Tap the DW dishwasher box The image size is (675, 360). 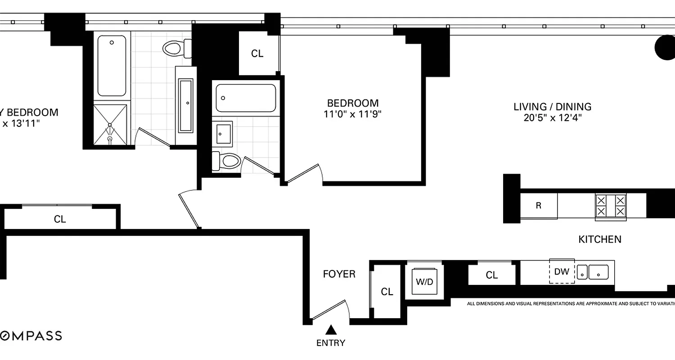(x=562, y=271)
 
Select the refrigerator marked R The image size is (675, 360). (x=539, y=206)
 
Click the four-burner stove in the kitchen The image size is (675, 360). (x=611, y=206)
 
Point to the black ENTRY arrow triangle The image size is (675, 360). (x=331, y=330)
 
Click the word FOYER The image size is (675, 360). (x=339, y=274)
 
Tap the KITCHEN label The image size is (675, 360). (x=600, y=239)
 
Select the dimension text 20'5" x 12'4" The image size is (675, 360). (x=553, y=118)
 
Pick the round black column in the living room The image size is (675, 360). (x=665, y=48)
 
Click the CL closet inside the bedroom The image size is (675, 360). (x=257, y=54)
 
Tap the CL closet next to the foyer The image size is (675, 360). (x=387, y=292)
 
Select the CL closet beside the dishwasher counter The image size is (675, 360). (x=492, y=274)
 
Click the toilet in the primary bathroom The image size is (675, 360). (x=175, y=48)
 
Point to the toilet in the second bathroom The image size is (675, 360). (x=227, y=161)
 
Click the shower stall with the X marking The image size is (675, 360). (x=110, y=125)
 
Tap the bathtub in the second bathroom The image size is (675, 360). (x=246, y=98)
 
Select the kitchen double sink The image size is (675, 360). (x=593, y=272)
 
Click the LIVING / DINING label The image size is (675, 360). (x=553, y=107)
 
